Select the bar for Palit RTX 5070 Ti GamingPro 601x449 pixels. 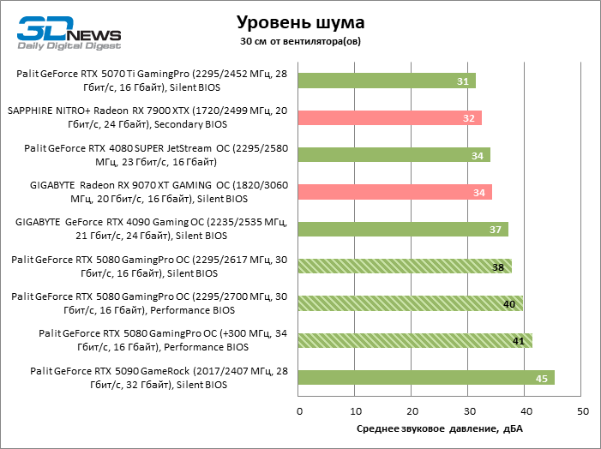(387, 81)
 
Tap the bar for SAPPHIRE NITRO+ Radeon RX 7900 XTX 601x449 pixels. (390, 117)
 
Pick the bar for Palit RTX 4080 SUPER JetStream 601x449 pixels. (394, 154)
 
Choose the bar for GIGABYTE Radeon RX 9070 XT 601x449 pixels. (394, 192)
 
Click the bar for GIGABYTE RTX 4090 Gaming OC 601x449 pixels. (403, 229)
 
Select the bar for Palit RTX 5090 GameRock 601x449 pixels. (426, 378)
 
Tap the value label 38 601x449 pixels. (498, 266)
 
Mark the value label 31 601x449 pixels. (463, 81)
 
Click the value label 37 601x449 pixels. (496, 230)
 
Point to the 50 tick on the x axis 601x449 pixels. (583, 412)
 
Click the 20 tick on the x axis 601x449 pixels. (412, 412)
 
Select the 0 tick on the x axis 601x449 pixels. (299, 412)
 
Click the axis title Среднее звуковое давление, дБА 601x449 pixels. (440, 428)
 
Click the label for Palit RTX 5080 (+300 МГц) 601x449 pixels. (144, 340)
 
